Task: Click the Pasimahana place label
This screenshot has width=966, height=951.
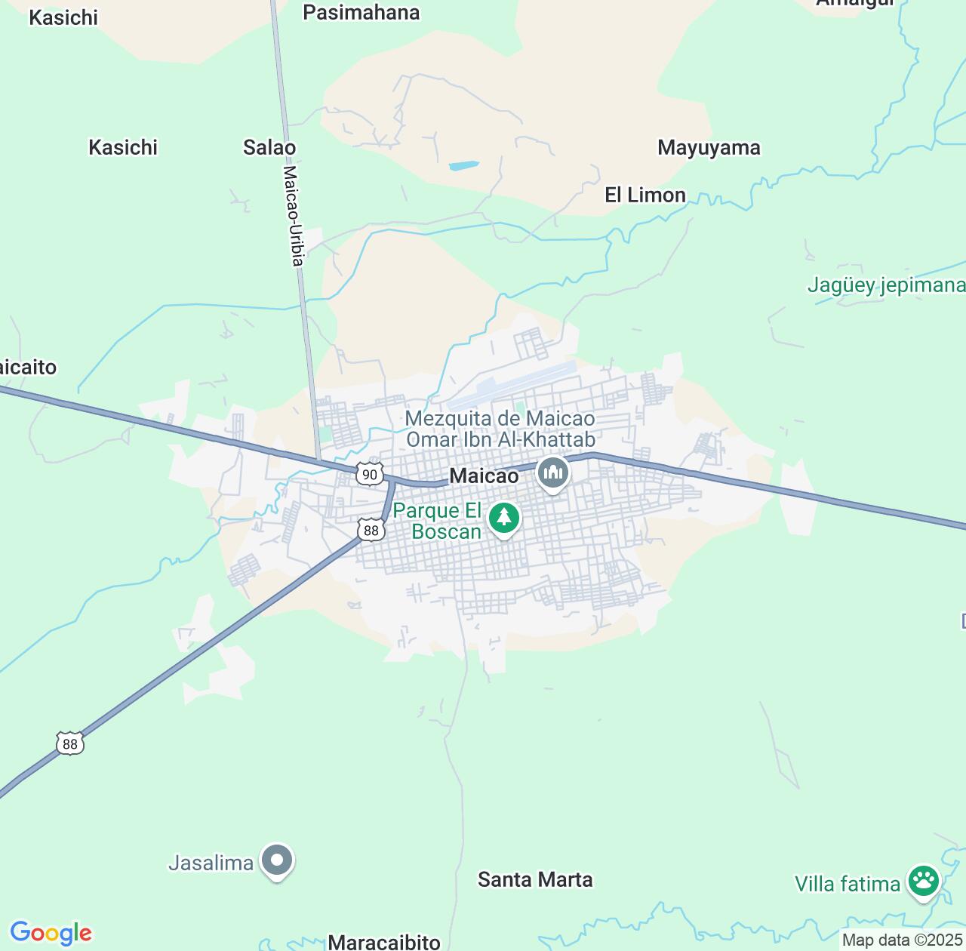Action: coord(361,13)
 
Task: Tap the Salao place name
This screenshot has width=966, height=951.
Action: coord(269,147)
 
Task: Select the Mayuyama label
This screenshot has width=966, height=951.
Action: coord(709,147)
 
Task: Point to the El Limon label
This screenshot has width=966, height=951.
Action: coord(645,195)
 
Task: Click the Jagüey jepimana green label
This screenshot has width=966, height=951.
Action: coord(886,285)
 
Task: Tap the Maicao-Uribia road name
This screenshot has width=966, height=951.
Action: coord(293,214)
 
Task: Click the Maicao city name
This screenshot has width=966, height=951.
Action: coord(484,475)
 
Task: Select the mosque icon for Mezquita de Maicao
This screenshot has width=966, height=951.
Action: coord(553,473)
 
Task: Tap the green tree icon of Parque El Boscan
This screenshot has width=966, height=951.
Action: coord(503,518)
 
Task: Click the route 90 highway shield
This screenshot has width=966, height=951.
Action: coord(369,474)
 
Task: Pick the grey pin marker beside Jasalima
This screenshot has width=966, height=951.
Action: coord(277,860)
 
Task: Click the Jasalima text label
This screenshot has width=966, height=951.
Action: coord(211,863)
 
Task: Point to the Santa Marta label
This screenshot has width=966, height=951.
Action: coord(535,879)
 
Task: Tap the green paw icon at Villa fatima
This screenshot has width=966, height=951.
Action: coord(923,881)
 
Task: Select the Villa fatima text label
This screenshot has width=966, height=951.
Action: coord(847,884)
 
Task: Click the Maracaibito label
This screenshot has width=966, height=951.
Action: coord(384,942)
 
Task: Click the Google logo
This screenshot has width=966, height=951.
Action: coord(51,933)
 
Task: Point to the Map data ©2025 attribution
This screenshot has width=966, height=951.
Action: coord(902,940)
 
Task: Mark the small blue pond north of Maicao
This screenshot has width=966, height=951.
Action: coord(463,165)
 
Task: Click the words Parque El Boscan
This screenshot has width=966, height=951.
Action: coord(437,521)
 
